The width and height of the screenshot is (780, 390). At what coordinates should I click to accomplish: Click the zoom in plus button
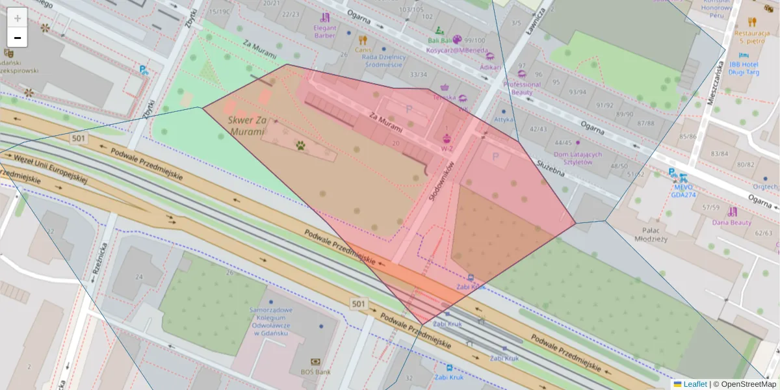18,18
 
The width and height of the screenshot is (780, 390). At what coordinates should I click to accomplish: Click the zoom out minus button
18,38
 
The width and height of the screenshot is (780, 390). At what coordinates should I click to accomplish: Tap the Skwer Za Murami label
248,126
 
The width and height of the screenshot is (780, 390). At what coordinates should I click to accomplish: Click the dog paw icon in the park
300,146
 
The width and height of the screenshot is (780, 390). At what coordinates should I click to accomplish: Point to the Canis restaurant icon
363,40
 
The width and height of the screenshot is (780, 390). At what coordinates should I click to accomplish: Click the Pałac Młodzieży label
654,234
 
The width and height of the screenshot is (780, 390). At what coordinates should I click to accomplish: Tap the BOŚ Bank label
315,372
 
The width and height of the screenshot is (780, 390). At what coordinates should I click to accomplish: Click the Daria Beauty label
731,222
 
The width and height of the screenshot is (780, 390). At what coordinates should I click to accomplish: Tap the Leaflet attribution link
695,384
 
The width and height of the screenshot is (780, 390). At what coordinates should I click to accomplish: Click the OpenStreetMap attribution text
744,384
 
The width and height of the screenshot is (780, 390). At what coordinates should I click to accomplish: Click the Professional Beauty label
521,88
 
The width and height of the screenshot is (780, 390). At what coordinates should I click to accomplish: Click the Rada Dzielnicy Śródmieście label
384,60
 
